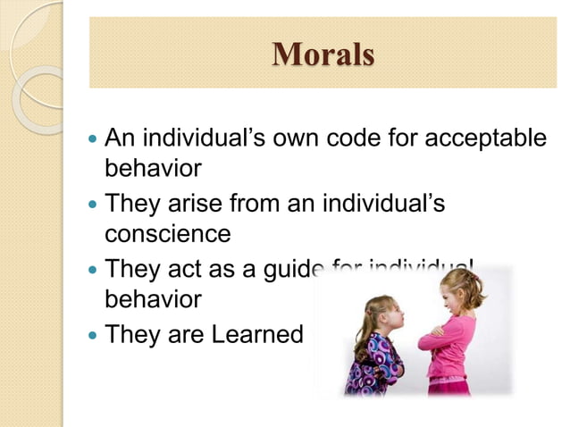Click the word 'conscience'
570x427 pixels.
pos(168,234)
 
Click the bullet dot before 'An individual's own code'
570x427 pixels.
pos(93,140)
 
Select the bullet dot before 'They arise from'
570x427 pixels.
pos(93,205)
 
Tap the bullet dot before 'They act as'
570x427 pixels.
pos(93,269)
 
